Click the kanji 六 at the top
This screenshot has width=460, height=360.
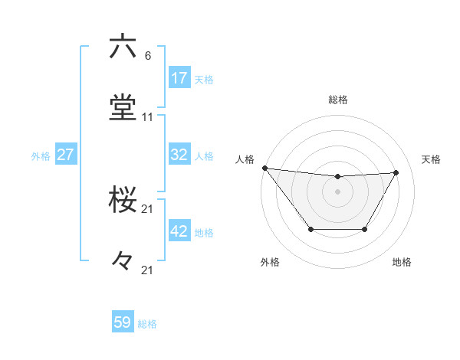click(x=123, y=47)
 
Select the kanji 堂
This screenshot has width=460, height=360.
click(x=123, y=108)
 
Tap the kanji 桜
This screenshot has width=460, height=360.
click(x=123, y=201)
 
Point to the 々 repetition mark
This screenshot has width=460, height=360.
click(x=122, y=261)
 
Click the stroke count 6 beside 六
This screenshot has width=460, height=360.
click(x=147, y=56)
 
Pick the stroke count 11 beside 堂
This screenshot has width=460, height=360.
click(x=147, y=117)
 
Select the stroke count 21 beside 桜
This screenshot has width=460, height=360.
click(x=147, y=209)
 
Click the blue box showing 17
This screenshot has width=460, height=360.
click(x=179, y=77)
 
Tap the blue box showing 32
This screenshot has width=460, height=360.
click(x=179, y=155)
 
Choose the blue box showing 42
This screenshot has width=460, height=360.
click(x=179, y=231)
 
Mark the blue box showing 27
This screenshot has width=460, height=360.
click(x=66, y=155)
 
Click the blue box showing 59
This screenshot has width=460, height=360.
click(x=123, y=322)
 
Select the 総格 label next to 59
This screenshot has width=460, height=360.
click(x=147, y=324)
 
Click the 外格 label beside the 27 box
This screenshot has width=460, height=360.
click(x=41, y=155)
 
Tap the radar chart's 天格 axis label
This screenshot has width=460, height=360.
click(x=431, y=159)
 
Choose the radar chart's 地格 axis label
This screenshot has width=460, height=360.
click(x=402, y=263)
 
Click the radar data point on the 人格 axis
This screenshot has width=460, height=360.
click(x=264, y=168)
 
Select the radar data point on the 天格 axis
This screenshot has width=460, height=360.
click(x=396, y=172)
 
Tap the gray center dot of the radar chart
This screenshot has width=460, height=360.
click(x=337, y=191)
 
